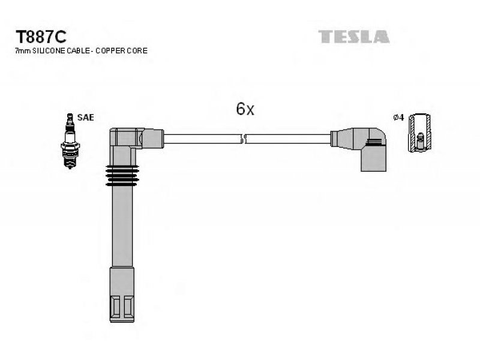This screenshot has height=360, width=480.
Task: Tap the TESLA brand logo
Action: click(353, 37)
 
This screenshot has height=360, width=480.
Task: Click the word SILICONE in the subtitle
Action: click(49, 51)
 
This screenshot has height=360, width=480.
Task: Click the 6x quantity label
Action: click(245, 109)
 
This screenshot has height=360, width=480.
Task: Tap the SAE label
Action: click(86, 118)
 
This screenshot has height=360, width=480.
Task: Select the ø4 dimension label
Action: click(397, 118)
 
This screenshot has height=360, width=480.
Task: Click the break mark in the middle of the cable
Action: click(243, 139)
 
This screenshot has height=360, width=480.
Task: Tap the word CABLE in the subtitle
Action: click(77, 51)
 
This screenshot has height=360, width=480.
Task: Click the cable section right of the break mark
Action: click(288, 139)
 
